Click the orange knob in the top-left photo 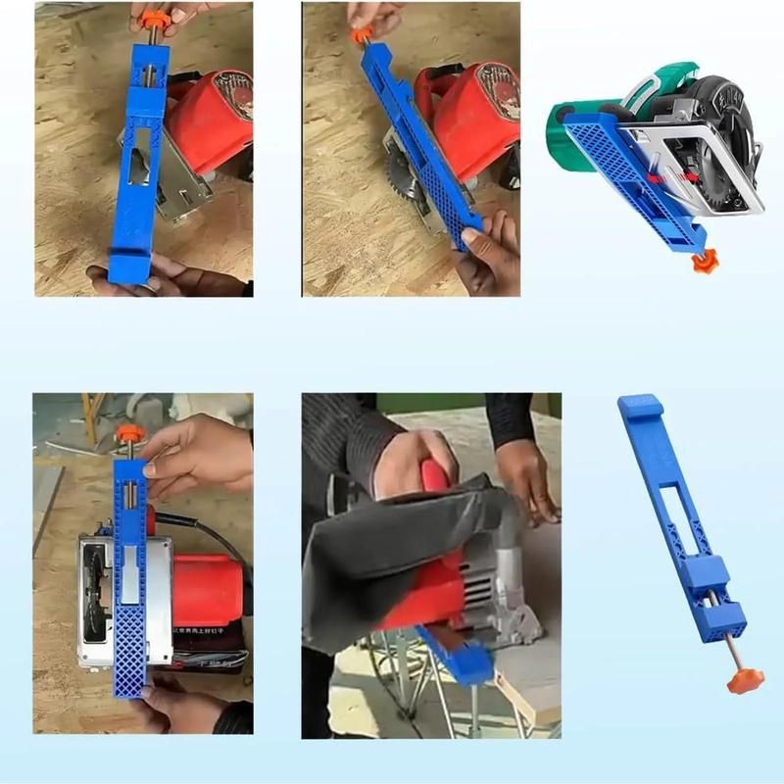pyautogui.click(x=152, y=19)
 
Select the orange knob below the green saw pyautogui.click(x=701, y=262)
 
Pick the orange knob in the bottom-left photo pyautogui.click(x=129, y=434)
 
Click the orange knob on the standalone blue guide pyautogui.click(x=739, y=681)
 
